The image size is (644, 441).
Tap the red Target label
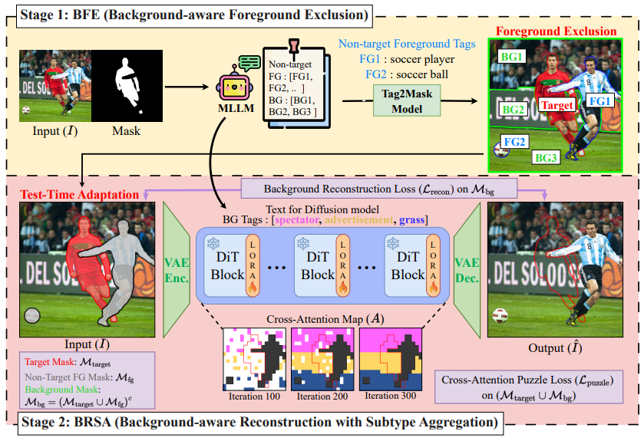556,105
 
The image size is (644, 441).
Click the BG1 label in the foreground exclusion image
512,58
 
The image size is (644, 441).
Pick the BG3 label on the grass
547,158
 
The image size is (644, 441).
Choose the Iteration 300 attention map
391,358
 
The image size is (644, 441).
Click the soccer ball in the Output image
500,315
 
